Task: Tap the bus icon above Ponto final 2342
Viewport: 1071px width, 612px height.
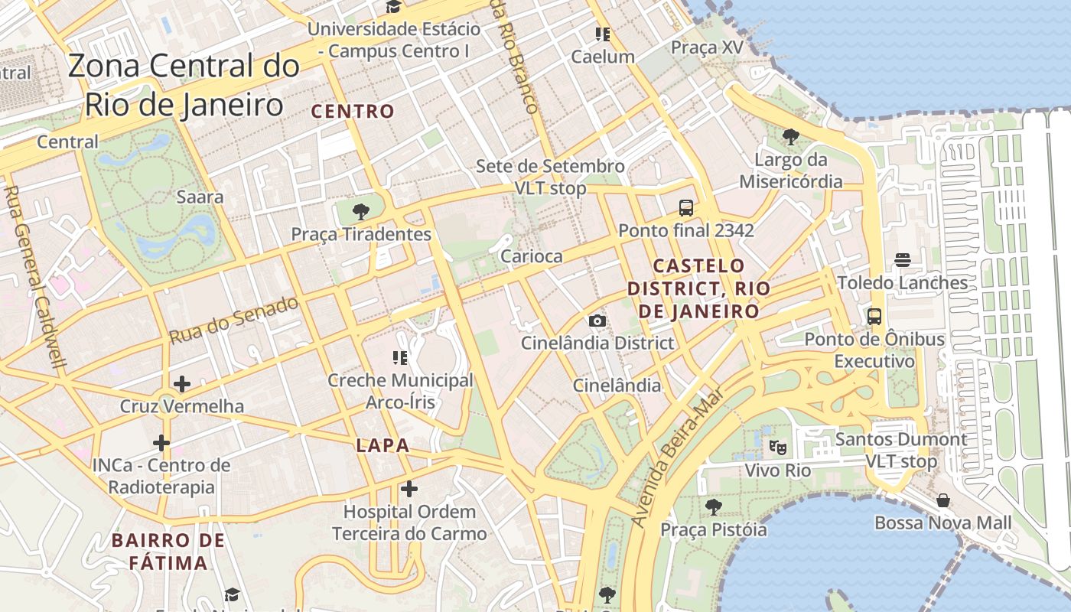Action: tap(686, 207)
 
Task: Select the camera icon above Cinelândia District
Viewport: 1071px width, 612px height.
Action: tap(597, 321)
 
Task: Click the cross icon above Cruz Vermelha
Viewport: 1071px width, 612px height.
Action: tap(182, 384)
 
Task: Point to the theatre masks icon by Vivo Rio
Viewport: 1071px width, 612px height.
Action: tap(778, 448)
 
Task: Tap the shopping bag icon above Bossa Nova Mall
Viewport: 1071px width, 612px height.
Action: tap(943, 500)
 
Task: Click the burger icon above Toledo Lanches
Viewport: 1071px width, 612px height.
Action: tap(903, 259)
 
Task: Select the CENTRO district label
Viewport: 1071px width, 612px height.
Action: tap(353, 111)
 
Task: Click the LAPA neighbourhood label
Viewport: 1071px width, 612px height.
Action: tap(382, 445)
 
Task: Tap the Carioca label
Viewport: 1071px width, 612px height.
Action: tap(531, 256)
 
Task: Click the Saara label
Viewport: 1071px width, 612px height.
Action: tap(200, 197)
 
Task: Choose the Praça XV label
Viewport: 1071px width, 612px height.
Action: tap(707, 47)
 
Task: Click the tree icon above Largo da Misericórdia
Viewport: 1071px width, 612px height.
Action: tap(790, 138)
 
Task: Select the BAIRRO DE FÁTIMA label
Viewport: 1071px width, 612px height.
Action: tap(168, 552)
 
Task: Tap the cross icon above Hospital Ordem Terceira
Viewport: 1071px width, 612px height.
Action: tap(409, 488)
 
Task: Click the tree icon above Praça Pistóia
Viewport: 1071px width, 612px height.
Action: tap(714, 506)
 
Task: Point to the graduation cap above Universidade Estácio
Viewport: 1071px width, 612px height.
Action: tap(393, 8)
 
